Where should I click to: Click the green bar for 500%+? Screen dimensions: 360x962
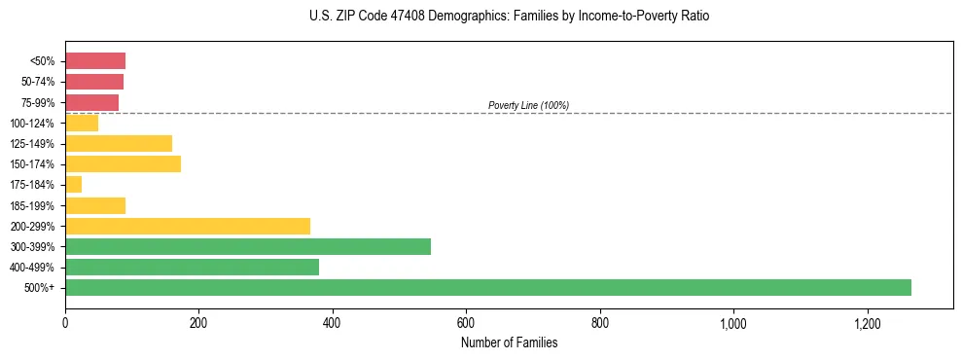(x=487, y=287)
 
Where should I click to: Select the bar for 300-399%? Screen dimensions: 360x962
(x=248, y=246)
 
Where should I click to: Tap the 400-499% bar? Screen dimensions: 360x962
(x=192, y=267)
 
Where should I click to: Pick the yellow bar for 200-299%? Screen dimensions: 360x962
(x=188, y=226)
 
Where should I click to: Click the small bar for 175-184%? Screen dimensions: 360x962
(x=74, y=184)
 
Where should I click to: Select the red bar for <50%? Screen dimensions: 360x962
(x=95, y=60)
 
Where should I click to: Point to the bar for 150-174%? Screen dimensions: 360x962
(x=123, y=163)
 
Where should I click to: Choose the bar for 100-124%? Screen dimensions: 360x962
(x=82, y=123)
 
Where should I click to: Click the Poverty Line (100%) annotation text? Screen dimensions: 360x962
(x=528, y=105)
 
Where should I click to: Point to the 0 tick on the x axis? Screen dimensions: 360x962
(x=65, y=324)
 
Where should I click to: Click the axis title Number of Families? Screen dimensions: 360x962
(x=509, y=342)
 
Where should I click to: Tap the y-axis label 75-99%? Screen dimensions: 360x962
(x=38, y=102)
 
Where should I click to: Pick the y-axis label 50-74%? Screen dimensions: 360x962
(x=38, y=82)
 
